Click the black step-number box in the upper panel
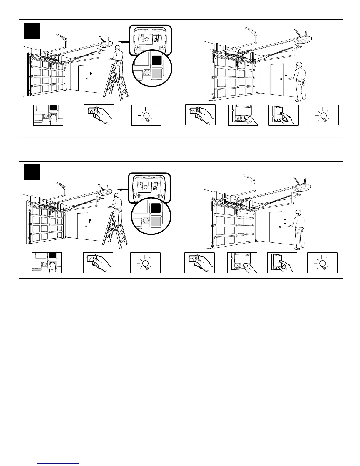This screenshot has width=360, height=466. coord(32,30)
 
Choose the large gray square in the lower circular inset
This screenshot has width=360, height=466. coord(156,221)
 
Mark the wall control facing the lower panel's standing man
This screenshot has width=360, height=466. coord(285,221)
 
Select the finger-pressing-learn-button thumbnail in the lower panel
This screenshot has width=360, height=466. coord(47,263)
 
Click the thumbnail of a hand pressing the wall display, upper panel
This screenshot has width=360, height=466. coord(283,115)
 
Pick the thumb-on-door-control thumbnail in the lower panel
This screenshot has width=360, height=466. coord(242,263)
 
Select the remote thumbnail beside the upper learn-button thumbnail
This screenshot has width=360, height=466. coord(99,115)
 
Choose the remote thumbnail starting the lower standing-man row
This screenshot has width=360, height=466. coord(199,263)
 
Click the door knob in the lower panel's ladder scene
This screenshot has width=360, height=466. coord(86,226)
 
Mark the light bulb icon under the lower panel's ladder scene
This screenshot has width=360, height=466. coord(145,263)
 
